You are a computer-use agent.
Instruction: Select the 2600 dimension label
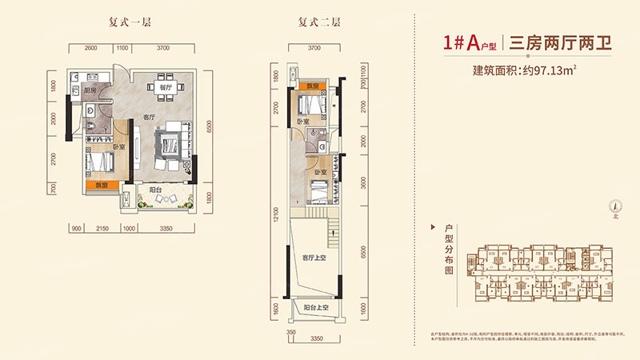pyautogui.click(x=90, y=49)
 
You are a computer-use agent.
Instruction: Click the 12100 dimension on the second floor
pyautogui.click(x=277, y=219)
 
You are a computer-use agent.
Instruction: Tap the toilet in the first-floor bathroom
pyautogui.click(x=94, y=128)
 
